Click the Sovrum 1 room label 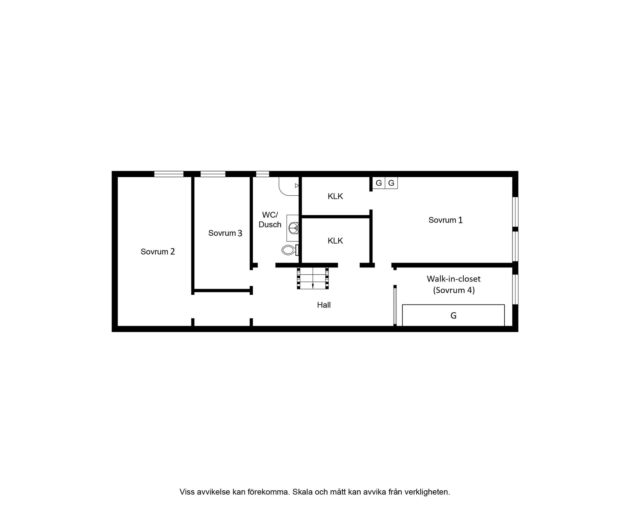tap(445, 220)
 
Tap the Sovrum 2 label tap(157, 251)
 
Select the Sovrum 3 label tap(225, 233)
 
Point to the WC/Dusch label tap(270, 220)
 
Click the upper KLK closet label tap(335, 196)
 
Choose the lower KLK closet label tap(335, 241)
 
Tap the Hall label tap(324, 305)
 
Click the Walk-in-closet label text tap(453, 279)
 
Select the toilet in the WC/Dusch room tap(290, 250)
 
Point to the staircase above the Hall tap(313, 278)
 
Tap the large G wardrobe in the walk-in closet tap(453, 315)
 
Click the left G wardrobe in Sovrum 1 tap(379, 183)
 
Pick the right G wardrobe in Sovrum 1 tap(391, 183)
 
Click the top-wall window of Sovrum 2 tap(169, 174)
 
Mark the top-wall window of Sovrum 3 tap(213, 174)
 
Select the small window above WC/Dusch tap(262, 174)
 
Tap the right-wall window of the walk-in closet tap(515, 289)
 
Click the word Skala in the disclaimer tap(302, 492)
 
